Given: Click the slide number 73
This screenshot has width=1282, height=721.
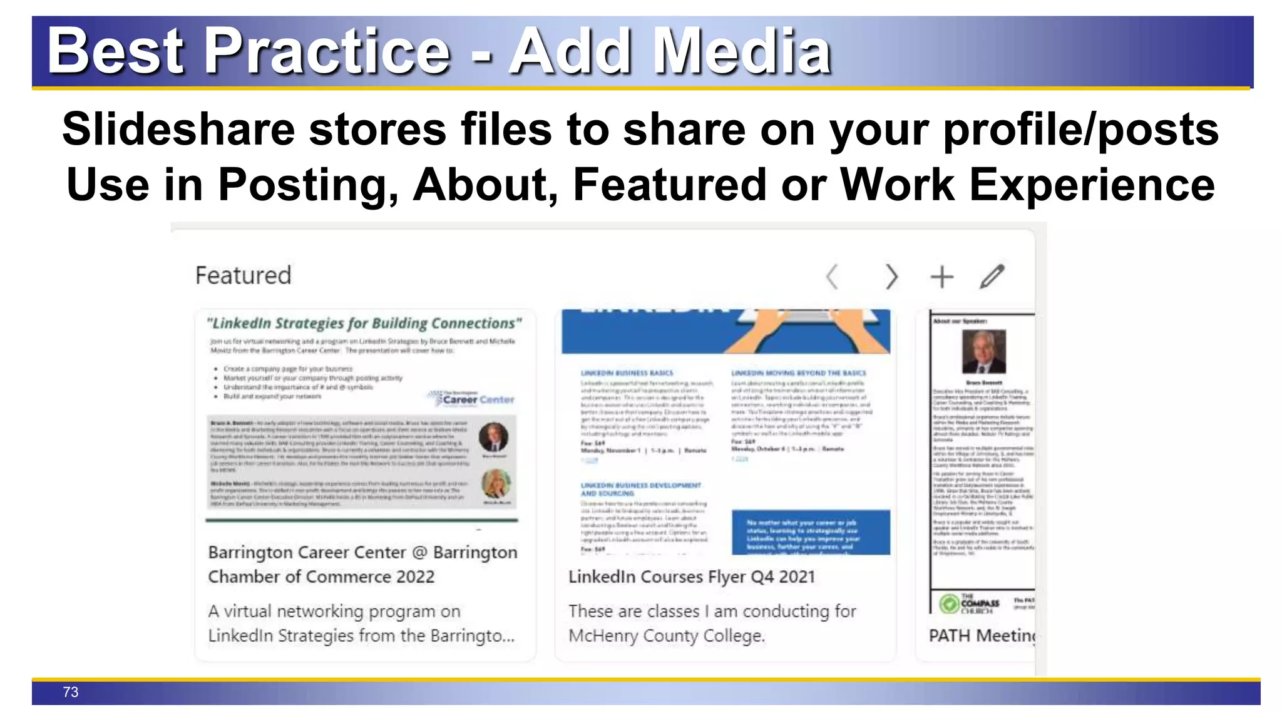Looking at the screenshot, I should (x=71, y=692).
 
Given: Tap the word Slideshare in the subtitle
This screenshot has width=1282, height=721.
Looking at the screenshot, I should (x=178, y=130).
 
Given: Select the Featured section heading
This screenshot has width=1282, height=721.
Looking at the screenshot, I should (x=243, y=275).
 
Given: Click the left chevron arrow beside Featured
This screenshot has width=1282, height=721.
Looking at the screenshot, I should (x=832, y=277).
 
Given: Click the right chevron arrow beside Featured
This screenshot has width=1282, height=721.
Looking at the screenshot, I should (x=891, y=277).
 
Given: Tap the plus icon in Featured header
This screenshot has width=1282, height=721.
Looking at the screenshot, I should (x=941, y=277).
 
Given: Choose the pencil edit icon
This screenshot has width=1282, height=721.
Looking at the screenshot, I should (x=992, y=277).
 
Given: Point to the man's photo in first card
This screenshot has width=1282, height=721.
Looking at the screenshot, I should (x=493, y=437).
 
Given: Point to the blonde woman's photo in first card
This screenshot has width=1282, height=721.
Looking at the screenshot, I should (x=496, y=484).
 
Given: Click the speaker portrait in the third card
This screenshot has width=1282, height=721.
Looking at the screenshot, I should (x=984, y=351).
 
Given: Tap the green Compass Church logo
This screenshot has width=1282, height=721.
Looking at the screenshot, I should (x=950, y=604).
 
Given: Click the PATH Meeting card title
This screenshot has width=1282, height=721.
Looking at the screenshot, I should (x=982, y=636).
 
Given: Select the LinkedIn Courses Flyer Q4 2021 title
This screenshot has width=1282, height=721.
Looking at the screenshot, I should (x=691, y=576).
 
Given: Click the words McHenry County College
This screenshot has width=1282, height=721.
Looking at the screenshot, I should (x=666, y=636).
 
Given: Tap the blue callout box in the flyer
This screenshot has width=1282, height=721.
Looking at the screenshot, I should (x=811, y=533).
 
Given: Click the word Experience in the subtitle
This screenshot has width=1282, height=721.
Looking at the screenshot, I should (x=1092, y=185).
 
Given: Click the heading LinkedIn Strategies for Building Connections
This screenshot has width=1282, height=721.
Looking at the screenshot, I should (x=364, y=324).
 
